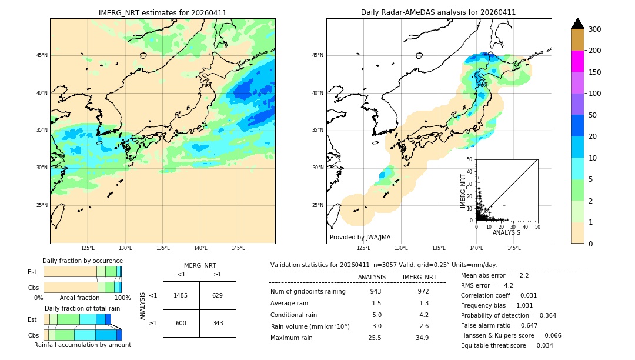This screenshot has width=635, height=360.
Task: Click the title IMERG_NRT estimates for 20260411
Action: click(162, 12)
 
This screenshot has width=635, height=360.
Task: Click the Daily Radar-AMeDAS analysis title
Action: click(438, 12)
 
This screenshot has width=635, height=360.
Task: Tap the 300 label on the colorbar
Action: click(595, 29)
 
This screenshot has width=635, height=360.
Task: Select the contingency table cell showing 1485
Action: click(181, 295)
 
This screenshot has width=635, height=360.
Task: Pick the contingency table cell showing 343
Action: click(218, 324)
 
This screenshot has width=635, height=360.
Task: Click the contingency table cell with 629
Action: click(218, 295)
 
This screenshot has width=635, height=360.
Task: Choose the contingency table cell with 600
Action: click(181, 324)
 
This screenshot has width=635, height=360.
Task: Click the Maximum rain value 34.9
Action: click(422, 338)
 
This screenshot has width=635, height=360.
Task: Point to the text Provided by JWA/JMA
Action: click(360, 238)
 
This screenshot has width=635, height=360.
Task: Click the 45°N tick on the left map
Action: click(42, 55)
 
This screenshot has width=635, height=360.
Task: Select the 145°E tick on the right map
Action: click(514, 248)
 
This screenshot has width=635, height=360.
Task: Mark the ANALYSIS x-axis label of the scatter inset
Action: click(506, 232)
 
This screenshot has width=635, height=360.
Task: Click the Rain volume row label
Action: click(310, 326)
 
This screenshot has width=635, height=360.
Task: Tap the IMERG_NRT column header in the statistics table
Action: click(419, 277)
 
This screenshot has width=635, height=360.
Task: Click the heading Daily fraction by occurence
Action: click(82, 261)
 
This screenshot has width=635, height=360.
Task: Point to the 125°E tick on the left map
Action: click(88, 248)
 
